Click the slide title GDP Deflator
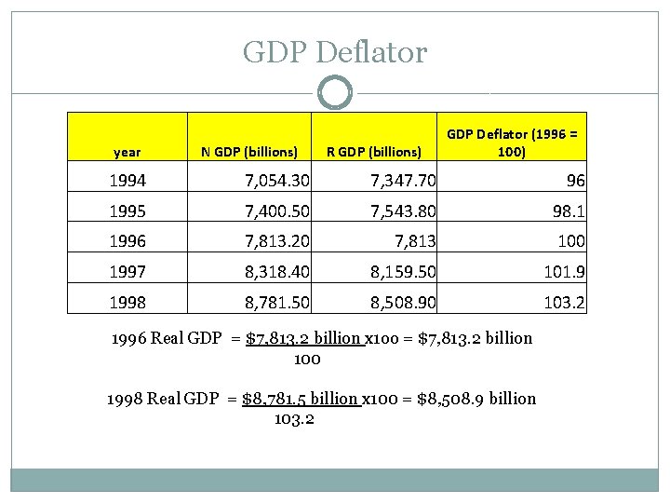click(335, 52)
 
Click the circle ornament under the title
click(335, 92)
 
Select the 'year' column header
click(127, 151)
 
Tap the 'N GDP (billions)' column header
click(250, 151)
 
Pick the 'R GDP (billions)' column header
click(374, 151)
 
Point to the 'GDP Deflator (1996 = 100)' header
click(512, 143)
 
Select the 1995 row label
click(128, 211)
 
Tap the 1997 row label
click(128, 272)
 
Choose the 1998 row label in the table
click(128, 302)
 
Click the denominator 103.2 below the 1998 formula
click(294, 418)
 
